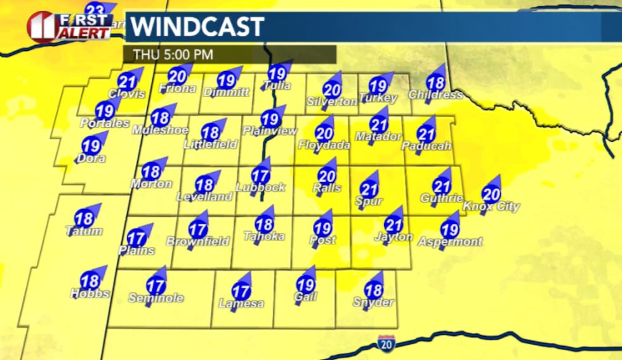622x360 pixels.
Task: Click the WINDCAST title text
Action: [x=197, y=27]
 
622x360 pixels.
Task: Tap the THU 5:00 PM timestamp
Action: [x=172, y=55]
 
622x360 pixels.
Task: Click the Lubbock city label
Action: [x=260, y=187]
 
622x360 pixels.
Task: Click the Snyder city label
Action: [x=373, y=303]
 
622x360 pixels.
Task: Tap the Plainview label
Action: [x=270, y=131]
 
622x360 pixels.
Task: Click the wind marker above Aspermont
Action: [x=449, y=229]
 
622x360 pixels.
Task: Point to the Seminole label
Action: [x=156, y=298]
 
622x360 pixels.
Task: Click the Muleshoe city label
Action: [x=161, y=130]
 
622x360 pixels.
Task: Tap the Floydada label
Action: [x=324, y=145]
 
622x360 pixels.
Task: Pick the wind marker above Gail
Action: [x=306, y=286]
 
